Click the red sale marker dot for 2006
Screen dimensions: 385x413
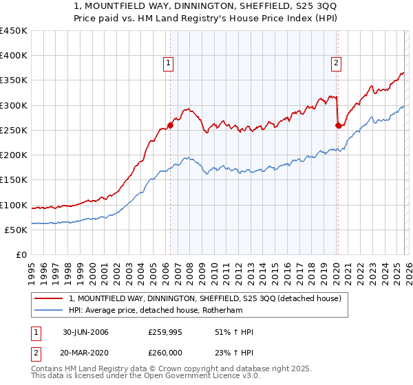pyautogui.click(x=170, y=125)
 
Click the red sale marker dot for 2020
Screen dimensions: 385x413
pyautogui.click(x=338, y=125)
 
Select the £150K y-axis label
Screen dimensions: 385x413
pyautogui.click(x=13, y=180)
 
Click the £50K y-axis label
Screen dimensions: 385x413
pyautogui.click(x=16, y=230)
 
